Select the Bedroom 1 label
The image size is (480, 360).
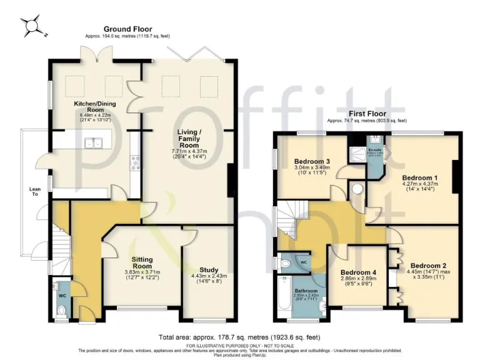(x=419, y=177)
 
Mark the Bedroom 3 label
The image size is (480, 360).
(x=312, y=161)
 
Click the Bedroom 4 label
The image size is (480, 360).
(x=357, y=272)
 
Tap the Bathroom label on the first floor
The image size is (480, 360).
(x=307, y=291)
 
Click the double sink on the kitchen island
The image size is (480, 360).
(x=96, y=144)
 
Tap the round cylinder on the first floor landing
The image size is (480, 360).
(x=358, y=189)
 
